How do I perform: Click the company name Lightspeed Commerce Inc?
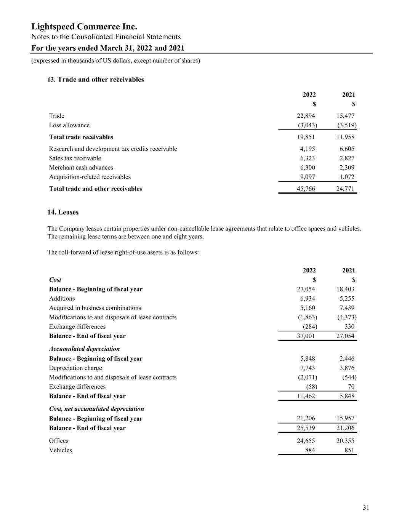[x=84, y=27]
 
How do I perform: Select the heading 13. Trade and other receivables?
[x=96, y=80]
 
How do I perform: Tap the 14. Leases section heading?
[x=63, y=212]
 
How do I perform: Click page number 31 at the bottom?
[x=366, y=507]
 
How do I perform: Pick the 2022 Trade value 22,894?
[x=306, y=116]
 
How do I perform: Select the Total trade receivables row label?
[x=81, y=137]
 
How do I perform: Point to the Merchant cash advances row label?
[x=81, y=168]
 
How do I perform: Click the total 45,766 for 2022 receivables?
[x=306, y=189]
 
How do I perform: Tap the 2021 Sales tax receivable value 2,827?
[x=347, y=158]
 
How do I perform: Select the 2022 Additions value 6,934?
[x=307, y=299]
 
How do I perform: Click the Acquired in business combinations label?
[x=95, y=308]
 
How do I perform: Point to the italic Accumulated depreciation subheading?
[x=84, y=349]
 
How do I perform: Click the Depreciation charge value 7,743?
[x=307, y=368]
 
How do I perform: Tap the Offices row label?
[x=59, y=441]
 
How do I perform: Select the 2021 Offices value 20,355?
[x=345, y=441]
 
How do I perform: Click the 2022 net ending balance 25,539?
[x=306, y=428]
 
